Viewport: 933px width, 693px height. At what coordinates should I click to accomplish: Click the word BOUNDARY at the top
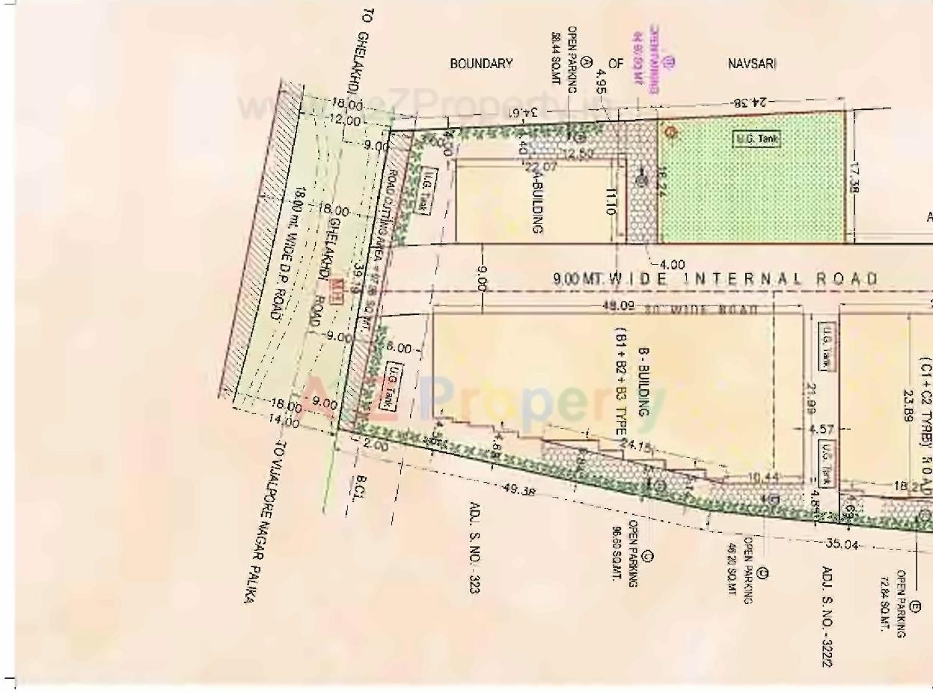point(481,64)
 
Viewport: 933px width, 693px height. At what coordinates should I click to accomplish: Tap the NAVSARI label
point(752,64)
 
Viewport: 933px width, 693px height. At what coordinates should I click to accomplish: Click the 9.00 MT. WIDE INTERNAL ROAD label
point(715,279)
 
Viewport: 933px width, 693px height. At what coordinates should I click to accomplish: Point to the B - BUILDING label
point(643,382)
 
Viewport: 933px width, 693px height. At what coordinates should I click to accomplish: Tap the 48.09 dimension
point(618,305)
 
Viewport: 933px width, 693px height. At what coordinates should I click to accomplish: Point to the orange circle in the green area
point(671,132)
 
